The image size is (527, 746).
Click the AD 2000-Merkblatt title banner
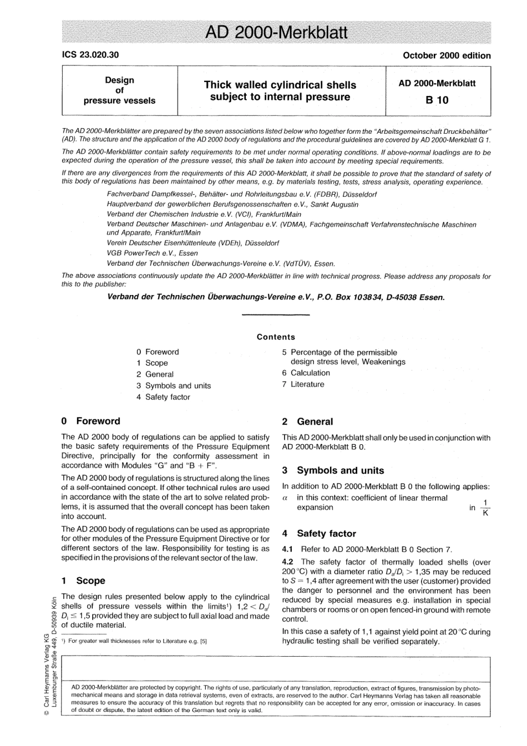point(276,33)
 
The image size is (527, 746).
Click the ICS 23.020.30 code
point(90,55)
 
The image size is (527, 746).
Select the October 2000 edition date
point(447,55)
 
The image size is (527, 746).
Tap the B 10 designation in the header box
point(437,100)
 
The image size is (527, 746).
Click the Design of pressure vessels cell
point(119,90)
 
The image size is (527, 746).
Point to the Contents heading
point(276,337)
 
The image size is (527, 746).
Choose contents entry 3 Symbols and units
point(174,385)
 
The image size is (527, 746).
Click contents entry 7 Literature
point(303,384)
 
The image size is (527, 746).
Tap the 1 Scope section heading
point(83,581)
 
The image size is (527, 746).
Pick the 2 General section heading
point(308,422)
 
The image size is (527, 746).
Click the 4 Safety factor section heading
point(319,534)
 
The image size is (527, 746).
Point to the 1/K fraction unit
point(485,508)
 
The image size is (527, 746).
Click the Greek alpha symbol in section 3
point(285,498)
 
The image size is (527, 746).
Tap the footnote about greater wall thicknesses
point(134,641)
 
